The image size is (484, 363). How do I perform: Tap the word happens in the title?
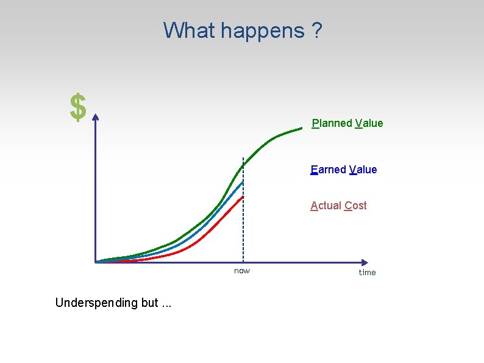262,30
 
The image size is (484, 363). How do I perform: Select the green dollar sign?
77,108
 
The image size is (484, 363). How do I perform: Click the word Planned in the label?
332,123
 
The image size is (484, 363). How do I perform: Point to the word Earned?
329,170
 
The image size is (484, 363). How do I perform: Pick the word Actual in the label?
326,206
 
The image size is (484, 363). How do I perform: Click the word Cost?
355,206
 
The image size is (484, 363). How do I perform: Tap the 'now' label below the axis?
242,271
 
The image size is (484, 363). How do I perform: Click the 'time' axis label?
368,273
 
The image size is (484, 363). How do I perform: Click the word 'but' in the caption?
149,303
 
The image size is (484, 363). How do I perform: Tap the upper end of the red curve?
243,197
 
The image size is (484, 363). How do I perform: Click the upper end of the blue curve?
243,182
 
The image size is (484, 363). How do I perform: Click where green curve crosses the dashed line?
243,165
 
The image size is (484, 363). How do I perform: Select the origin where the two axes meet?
96,262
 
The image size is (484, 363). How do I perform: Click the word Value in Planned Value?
369,123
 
